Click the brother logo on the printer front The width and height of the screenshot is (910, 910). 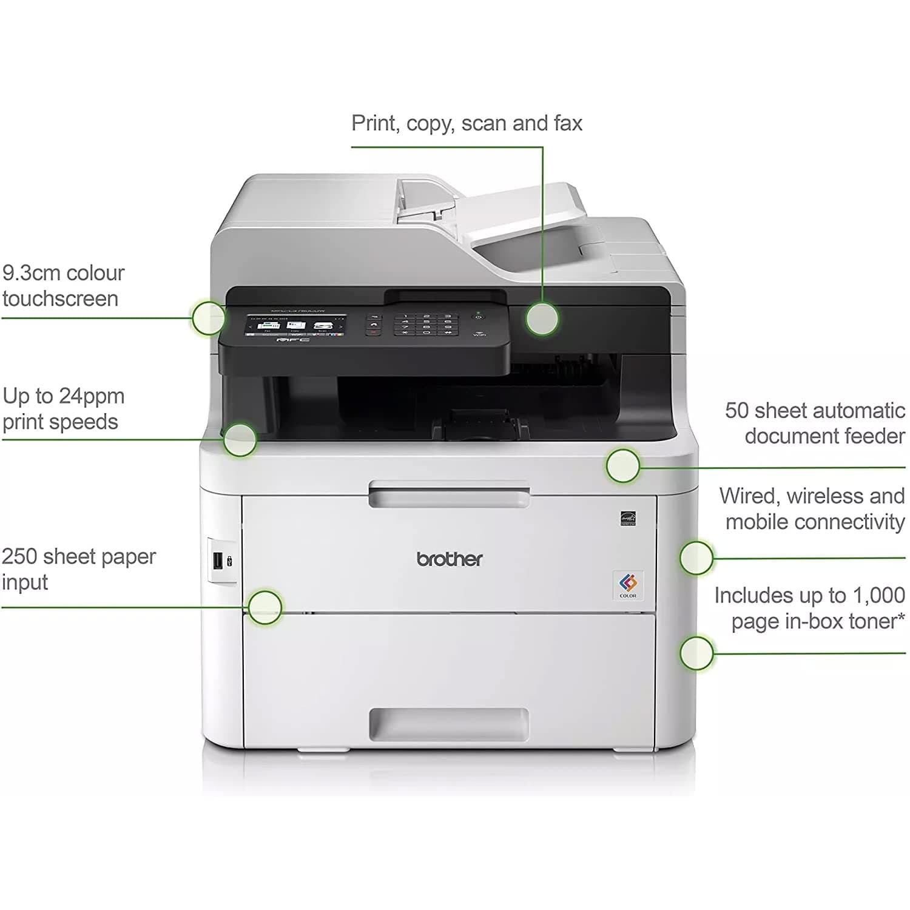pos(450,559)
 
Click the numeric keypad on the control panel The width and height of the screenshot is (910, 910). pos(426,325)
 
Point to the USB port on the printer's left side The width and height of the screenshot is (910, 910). pos(217,561)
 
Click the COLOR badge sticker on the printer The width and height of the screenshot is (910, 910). pos(628,585)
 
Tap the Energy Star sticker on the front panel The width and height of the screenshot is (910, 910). pos(628,519)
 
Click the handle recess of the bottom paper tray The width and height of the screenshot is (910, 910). pos(449,723)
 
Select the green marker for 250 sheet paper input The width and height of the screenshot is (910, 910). pos(265,607)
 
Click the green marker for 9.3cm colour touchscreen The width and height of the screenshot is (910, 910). pos(209,317)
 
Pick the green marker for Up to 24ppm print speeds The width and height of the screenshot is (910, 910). pos(240,440)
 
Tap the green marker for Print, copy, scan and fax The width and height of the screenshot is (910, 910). pos(542,318)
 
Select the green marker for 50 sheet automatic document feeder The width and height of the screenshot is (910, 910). pos(623,466)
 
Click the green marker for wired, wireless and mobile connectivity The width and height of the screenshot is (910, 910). pos(696,558)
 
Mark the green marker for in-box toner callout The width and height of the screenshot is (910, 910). pos(696,653)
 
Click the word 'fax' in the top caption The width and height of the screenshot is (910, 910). pos(568,123)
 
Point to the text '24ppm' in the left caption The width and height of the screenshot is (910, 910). pos(92,397)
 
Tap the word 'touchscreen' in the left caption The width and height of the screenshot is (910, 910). pos(60,299)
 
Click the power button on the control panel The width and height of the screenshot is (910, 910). pos(479,317)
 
